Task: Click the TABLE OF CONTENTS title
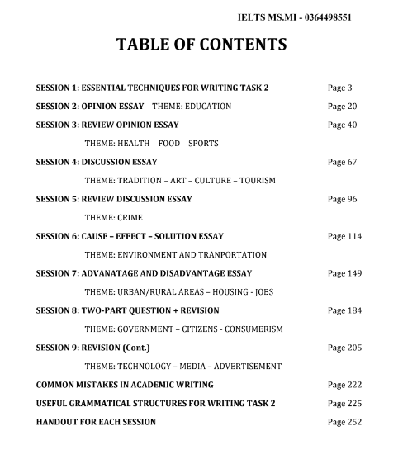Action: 199,45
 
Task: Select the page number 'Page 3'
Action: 340,88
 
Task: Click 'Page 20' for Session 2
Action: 343,107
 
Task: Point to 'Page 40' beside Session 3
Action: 343,125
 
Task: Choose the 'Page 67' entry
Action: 343,162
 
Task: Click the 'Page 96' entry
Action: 343,199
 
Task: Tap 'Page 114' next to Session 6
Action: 345,236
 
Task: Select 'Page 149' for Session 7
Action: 345,273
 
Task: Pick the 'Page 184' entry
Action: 345,310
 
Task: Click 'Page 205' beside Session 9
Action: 345,348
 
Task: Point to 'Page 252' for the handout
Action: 345,422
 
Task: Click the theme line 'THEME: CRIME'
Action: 113,218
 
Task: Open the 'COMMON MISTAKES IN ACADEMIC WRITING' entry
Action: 125,385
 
